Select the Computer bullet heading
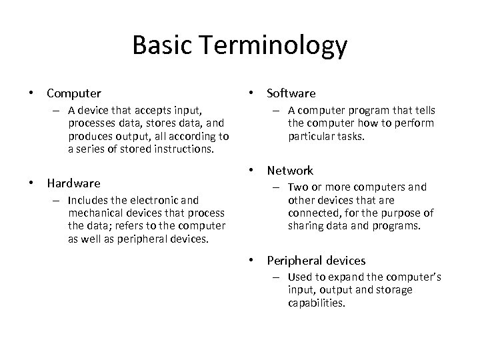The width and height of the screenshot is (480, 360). (x=74, y=93)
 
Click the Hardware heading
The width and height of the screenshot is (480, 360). (x=73, y=183)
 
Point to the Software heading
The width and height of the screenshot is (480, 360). (x=291, y=93)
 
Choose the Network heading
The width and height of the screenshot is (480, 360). (x=290, y=171)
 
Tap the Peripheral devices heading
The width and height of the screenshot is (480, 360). (x=316, y=261)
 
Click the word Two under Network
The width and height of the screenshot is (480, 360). (x=297, y=187)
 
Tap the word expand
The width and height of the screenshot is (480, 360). (x=349, y=277)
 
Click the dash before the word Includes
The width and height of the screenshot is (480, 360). (x=59, y=199)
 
